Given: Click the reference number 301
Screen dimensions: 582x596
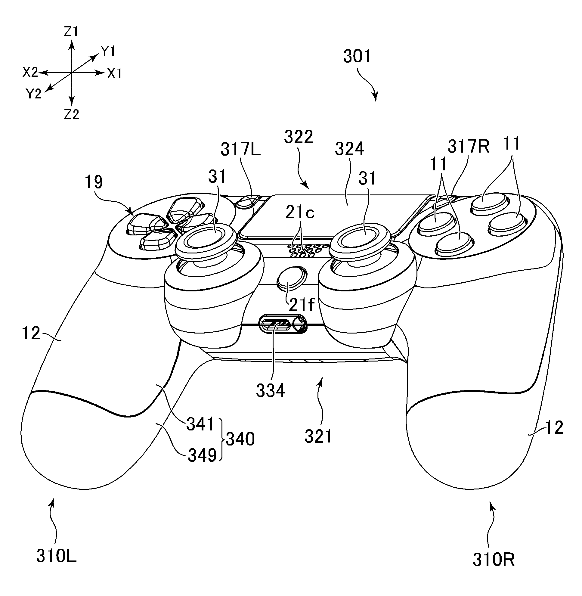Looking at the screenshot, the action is click(x=357, y=57).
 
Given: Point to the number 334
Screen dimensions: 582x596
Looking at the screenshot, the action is click(x=271, y=390).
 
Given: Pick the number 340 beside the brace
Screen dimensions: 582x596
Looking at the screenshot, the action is click(x=240, y=439).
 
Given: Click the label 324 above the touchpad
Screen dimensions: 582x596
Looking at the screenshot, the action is click(x=349, y=149).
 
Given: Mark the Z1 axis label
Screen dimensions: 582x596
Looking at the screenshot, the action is click(x=71, y=32).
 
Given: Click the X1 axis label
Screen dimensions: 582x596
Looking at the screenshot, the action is click(x=115, y=73).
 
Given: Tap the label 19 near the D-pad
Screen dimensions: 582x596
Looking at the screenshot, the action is click(x=94, y=182).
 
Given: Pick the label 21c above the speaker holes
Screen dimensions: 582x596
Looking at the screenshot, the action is click(x=300, y=213).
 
